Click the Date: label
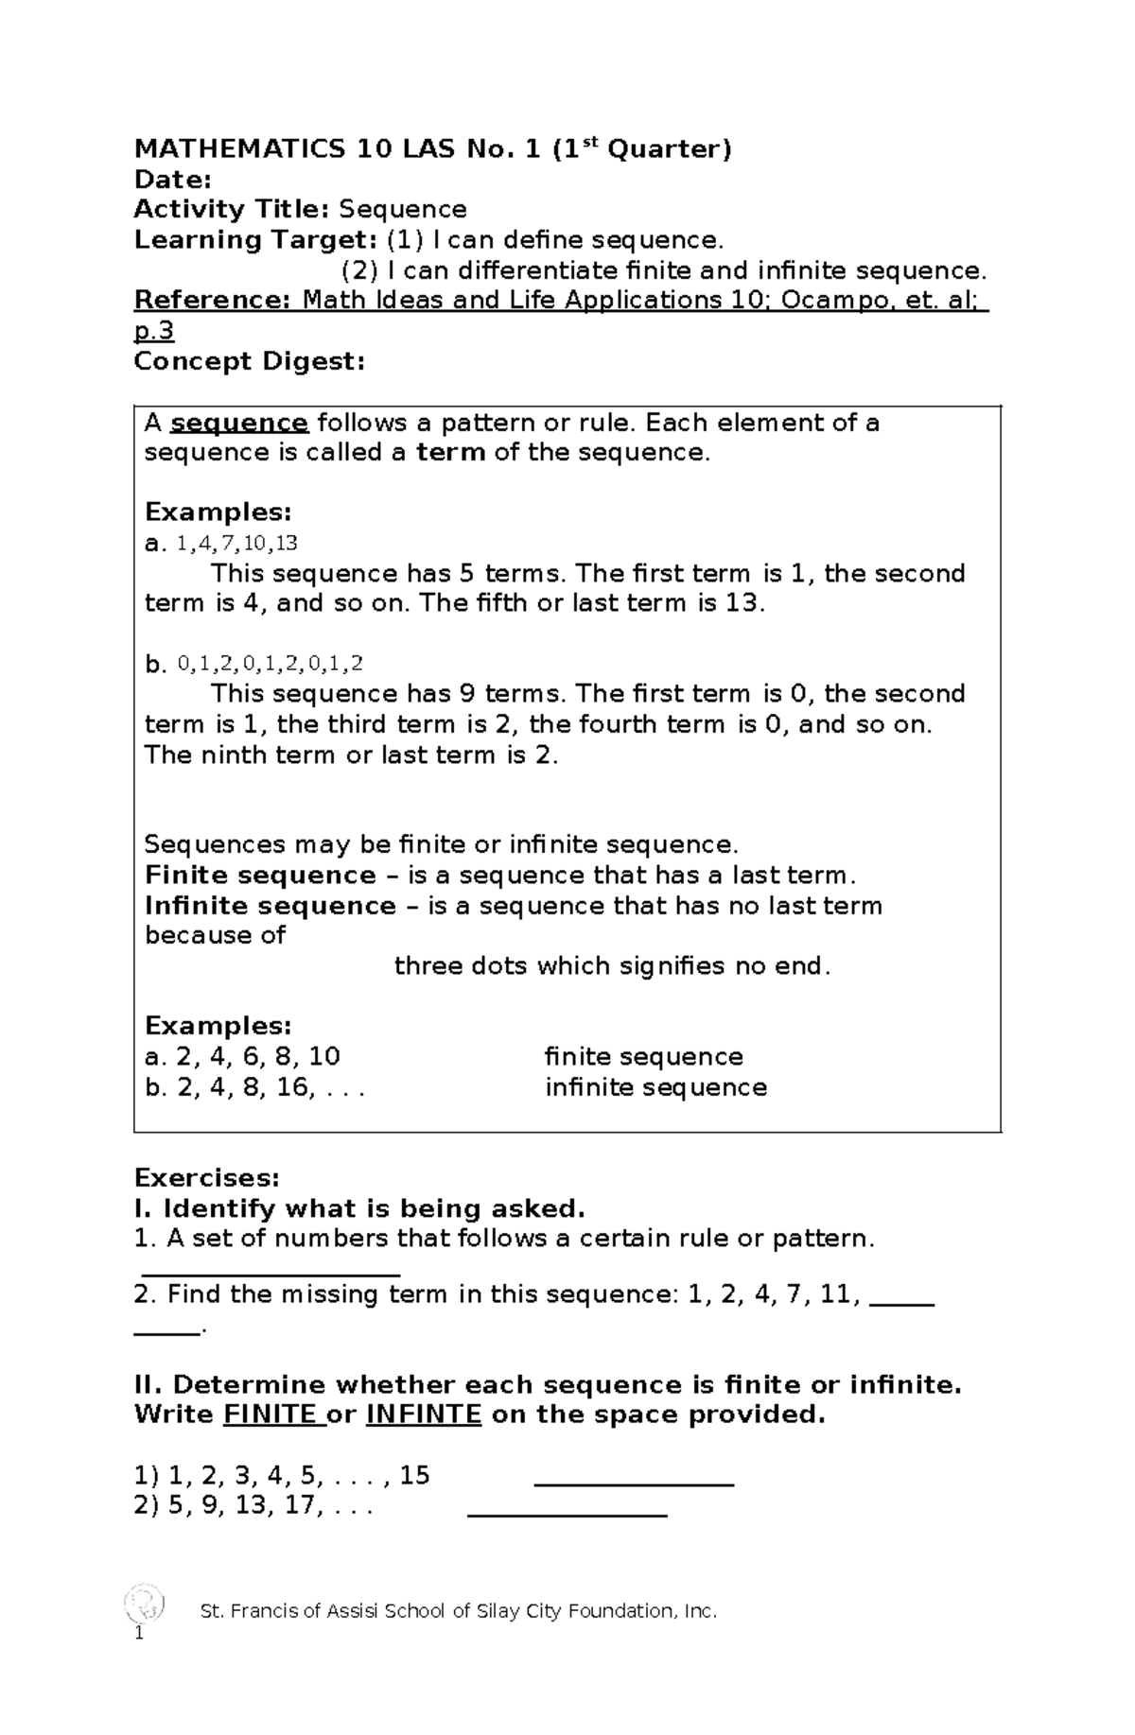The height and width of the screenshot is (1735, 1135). tap(172, 180)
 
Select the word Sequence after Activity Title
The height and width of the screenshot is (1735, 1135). tap(403, 210)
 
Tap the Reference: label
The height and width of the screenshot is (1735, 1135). tap(214, 301)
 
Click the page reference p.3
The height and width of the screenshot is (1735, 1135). tap(154, 331)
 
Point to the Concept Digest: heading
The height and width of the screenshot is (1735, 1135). tap(249, 361)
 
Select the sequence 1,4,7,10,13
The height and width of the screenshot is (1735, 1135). tap(236, 544)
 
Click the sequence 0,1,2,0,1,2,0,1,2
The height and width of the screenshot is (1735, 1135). tap(270, 665)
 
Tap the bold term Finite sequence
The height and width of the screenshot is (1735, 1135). tap(260, 876)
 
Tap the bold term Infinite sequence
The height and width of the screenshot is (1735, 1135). tap(270, 906)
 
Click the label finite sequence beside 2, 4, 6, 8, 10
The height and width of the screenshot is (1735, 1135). tap(643, 1057)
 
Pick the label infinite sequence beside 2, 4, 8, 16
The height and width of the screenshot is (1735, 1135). tap(655, 1087)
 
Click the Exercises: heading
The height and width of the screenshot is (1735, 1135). tap(206, 1178)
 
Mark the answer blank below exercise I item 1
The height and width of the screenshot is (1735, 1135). tap(270, 1274)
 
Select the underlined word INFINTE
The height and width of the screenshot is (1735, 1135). tap(423, 1415)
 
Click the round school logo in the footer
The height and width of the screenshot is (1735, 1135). tap(146, 1604)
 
